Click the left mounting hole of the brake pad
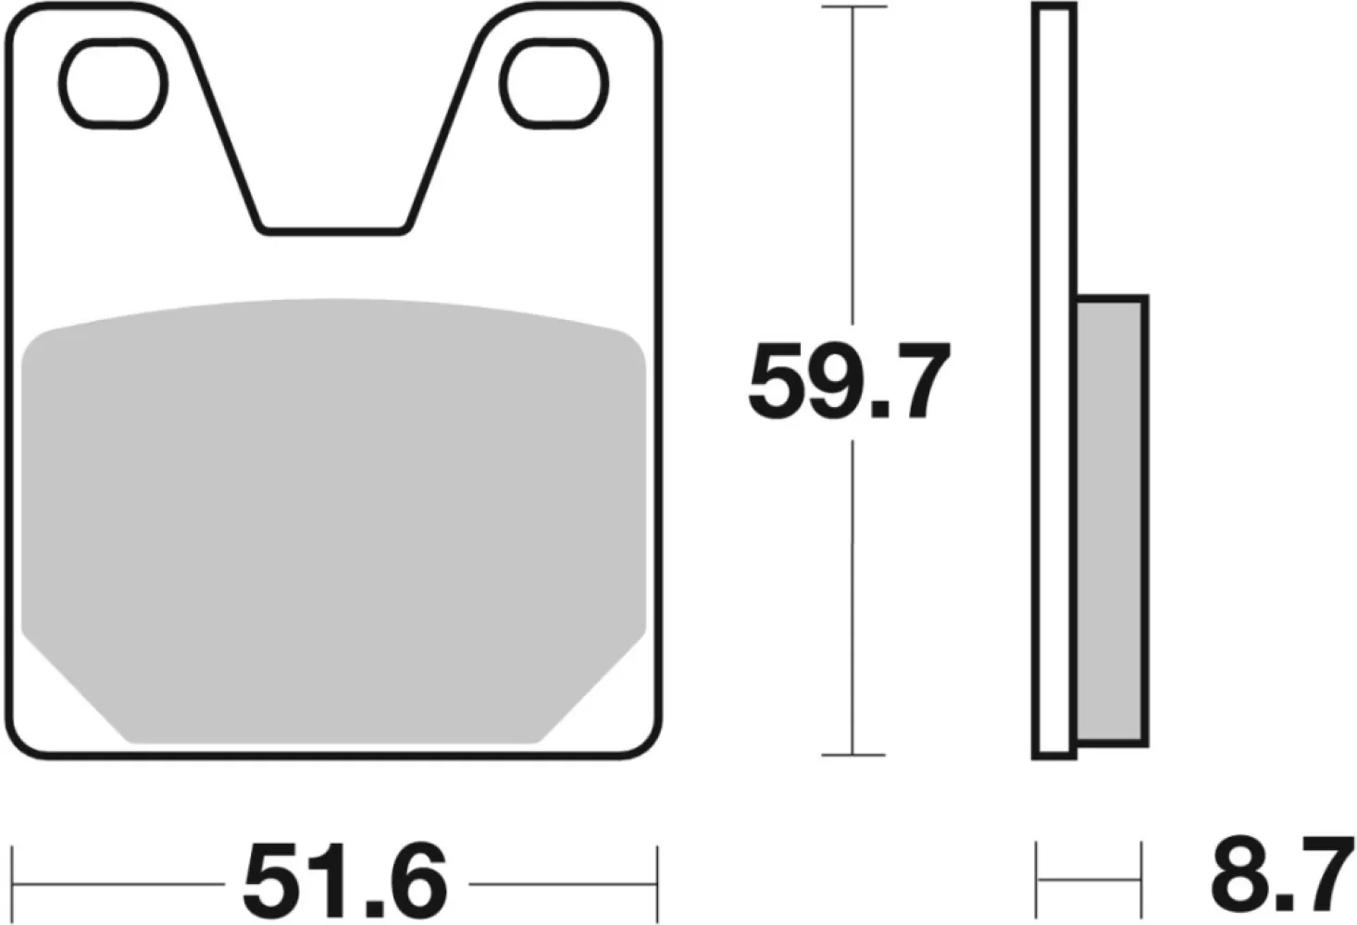click(115, 82)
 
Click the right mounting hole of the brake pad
click(555, 82)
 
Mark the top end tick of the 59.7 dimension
click(853, 7)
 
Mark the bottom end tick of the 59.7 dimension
click(853, 755)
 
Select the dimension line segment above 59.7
click(853, 166)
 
